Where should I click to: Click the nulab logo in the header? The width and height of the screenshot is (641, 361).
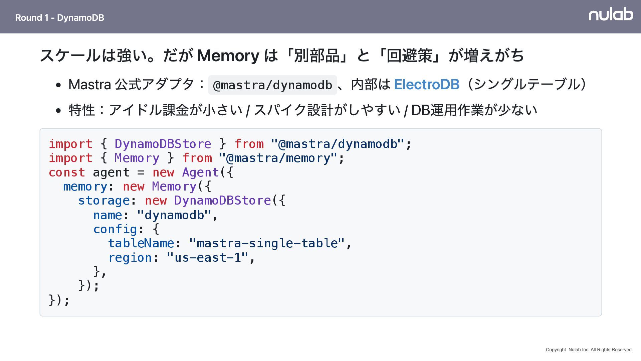611,14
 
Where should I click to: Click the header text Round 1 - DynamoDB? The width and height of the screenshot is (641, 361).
59,18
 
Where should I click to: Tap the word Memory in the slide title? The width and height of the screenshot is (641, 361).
228,55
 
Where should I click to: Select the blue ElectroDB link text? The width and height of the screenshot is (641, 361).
427,84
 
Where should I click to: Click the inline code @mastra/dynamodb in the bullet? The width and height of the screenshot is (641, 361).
272,85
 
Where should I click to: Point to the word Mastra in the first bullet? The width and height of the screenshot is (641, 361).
89,85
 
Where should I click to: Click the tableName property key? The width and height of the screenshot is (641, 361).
141,243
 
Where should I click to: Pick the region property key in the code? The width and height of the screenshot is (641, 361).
130,258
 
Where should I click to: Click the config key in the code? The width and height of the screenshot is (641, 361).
115,229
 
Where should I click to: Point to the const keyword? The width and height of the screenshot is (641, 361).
67,172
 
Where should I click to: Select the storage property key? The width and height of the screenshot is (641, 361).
104,201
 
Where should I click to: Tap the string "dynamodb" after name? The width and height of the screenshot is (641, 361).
174,215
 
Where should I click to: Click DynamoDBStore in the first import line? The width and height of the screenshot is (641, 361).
163,144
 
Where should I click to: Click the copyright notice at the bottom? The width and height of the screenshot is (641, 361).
589,350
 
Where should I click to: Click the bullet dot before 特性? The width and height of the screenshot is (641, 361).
59,110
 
